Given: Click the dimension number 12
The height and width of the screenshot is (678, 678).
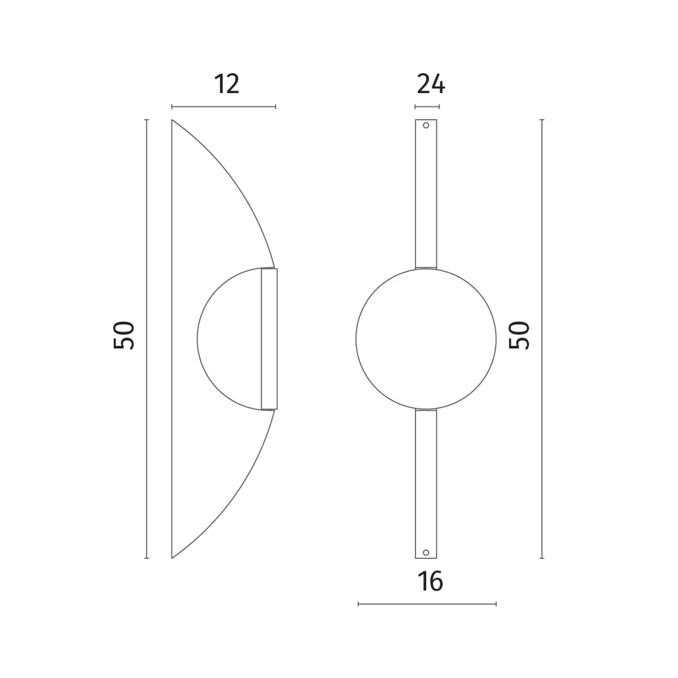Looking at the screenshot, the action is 226,84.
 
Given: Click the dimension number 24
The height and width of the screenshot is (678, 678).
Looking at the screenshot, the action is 431,84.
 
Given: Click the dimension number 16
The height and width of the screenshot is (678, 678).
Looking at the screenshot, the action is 430,581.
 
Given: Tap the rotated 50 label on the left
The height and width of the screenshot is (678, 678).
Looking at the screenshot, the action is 124,335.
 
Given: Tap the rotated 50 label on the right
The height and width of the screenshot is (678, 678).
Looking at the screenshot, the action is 519,335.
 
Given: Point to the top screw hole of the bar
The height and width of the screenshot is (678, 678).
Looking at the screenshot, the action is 426,125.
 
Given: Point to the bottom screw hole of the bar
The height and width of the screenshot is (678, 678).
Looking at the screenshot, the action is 426,552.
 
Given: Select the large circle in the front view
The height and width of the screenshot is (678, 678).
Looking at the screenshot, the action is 356,339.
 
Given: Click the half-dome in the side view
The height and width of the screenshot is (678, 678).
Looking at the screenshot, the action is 198,339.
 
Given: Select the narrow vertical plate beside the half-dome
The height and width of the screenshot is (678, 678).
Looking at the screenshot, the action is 269,339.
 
